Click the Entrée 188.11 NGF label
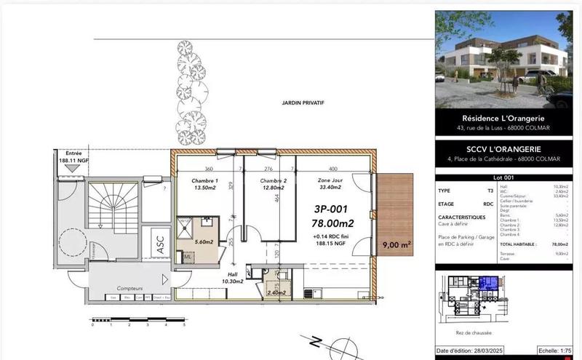74,157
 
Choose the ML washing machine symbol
187,256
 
